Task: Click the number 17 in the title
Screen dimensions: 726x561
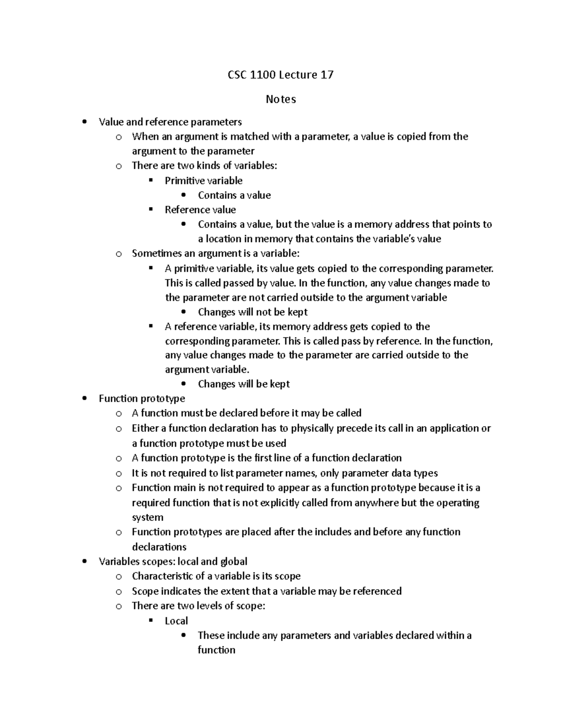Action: point(327,75)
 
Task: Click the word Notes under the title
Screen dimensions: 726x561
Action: point(280,99)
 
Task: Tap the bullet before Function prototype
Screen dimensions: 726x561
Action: point(84,399)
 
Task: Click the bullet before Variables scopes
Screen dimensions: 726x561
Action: point(84,561)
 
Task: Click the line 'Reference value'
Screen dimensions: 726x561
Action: point(200,209)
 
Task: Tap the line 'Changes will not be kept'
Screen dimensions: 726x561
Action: point(252,312)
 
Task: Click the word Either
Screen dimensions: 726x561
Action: point(145,428)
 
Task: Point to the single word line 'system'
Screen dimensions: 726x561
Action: point(147,518)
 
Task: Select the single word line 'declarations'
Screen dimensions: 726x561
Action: point(159,547)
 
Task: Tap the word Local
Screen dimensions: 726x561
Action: point(176,621)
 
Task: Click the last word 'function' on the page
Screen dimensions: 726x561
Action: point(216,650)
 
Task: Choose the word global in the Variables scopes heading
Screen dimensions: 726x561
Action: point(233,561)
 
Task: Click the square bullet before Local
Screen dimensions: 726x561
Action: point(151,620)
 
